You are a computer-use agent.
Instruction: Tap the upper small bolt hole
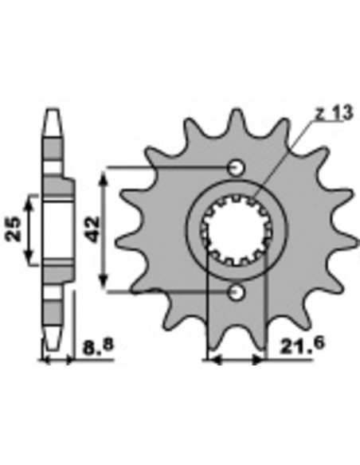click(x=235, y=168)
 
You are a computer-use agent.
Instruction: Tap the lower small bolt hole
click(x=235, y=293)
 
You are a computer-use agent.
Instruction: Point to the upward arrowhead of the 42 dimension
click(x=103, y=173)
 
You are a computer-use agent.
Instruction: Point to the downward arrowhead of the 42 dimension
click(x=103, y=287)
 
